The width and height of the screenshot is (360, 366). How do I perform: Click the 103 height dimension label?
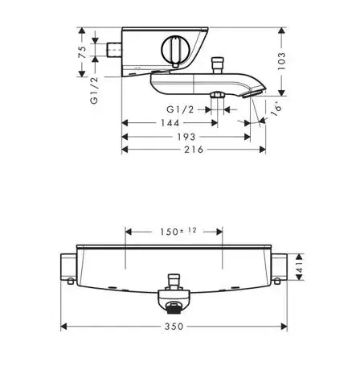click(x=281, y=61)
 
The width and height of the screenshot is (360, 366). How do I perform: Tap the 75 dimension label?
click(x=82, y=52)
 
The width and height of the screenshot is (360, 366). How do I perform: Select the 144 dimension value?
click(x=170, y=123)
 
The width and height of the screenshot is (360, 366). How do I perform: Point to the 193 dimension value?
click(x=186, y=137)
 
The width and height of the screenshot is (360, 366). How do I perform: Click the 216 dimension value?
click(x=194, y=150)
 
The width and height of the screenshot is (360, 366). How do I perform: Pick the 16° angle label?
click(x=276, y=109)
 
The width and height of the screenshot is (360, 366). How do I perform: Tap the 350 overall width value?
click(x=174, y=327)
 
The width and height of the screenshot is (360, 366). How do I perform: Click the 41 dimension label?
click(x=299, y=267)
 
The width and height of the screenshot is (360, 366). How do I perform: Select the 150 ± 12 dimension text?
click(x=178, y=231)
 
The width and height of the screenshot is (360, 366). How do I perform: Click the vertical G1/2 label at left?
click(x=94, y=90)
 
